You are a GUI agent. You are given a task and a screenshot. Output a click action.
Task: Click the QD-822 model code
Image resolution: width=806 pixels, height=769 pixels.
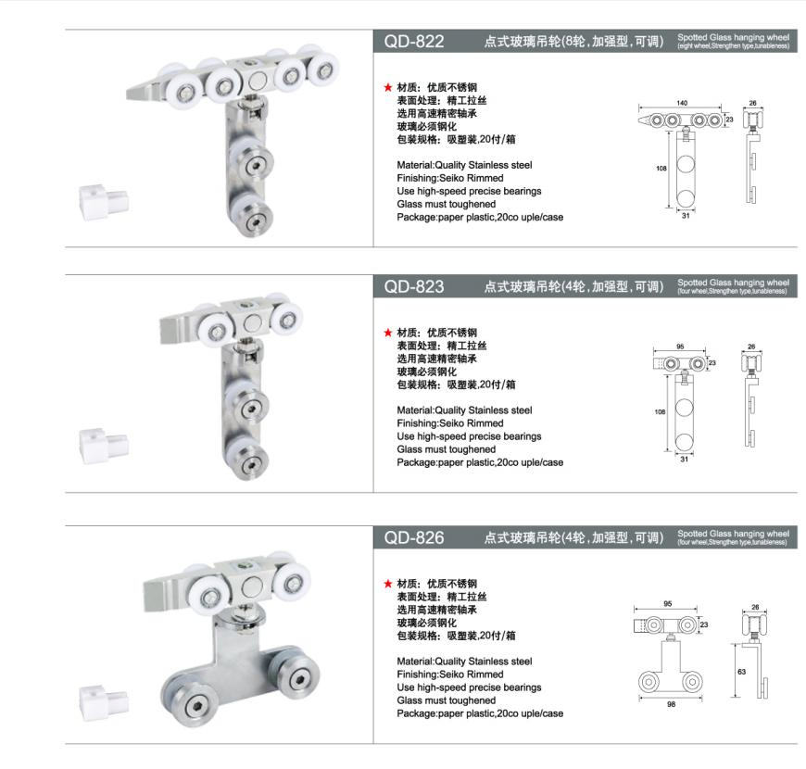coord(414,42)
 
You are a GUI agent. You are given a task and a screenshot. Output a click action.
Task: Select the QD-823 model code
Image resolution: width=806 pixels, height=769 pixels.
coord(414,286)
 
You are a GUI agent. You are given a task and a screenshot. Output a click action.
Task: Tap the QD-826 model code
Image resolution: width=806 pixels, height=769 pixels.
coord(414,537)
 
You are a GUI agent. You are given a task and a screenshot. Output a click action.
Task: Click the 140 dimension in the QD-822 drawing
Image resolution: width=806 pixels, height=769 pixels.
coord(682,102)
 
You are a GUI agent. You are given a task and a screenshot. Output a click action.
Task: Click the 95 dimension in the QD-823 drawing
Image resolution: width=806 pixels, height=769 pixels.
coord(680,347)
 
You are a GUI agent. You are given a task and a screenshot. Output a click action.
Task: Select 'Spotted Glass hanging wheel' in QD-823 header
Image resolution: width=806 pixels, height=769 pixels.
coord(733,282)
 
